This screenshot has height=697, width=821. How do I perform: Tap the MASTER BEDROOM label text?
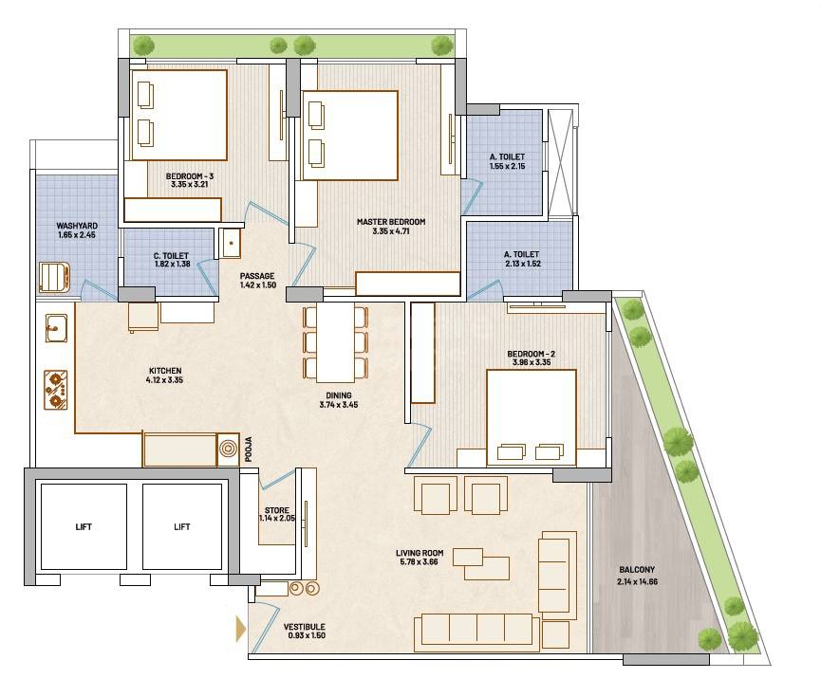coord(391,222)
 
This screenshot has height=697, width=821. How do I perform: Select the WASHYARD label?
coord(77,226)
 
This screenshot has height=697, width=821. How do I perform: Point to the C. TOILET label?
coord(172,255)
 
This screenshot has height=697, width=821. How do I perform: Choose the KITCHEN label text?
coord(164,371)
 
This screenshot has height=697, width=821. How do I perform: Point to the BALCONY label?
coord(637,570)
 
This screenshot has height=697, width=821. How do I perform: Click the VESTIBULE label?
coord(304,628)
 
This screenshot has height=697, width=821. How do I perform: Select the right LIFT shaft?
coord(181,526)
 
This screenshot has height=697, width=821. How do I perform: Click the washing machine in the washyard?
coord(54,276)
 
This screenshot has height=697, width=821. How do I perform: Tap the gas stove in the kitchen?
coord(57,388)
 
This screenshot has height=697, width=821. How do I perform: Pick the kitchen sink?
coord(54,328)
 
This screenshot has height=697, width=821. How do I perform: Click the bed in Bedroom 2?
coord(531,417)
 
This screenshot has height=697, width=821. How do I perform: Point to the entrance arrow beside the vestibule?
coord(239,628)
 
